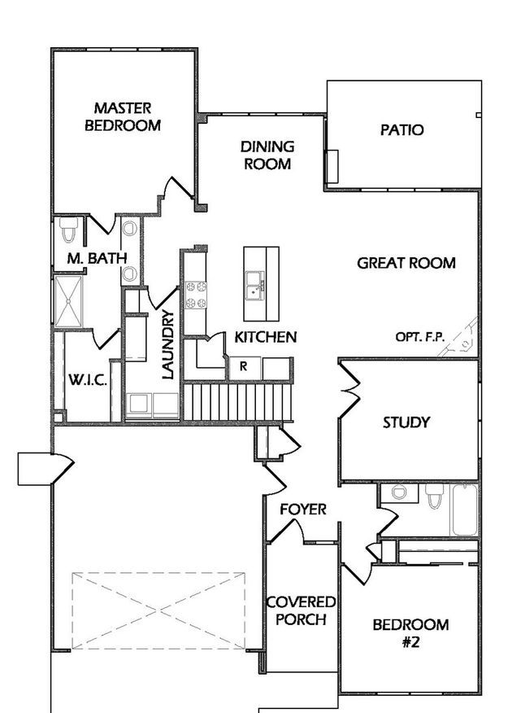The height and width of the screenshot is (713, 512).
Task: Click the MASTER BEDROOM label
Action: pos(123,116)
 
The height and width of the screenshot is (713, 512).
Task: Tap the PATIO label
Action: pos(401,130)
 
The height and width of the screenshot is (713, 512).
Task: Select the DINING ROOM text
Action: pos(267,155)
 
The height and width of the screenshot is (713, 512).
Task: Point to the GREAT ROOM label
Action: pos(406,263)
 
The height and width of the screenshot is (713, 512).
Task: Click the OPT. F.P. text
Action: pos(420,337)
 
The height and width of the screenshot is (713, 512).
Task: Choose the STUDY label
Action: pos(406,422)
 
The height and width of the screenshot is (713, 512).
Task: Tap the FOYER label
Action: pos(303,510)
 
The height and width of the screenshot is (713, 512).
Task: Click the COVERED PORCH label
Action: pos(301,610)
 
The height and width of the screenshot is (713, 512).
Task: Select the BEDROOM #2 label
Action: pos(410,633)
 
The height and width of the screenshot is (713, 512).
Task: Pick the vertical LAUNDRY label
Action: pos(168,344)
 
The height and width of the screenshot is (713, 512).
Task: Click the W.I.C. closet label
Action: pos(88,379)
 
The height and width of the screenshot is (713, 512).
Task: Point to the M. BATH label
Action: pos(97,258)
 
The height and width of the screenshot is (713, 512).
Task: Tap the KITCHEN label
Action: pos(266,337)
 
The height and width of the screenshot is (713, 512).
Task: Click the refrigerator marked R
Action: pos(244,368)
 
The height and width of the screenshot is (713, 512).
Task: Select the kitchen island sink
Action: pos(254,286)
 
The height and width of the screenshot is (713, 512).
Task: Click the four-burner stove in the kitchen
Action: pos(196,295)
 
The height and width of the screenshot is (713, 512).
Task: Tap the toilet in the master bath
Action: pos(69,230)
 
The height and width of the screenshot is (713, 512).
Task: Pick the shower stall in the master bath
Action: pos(68,300)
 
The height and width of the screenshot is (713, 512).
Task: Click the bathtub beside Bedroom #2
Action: pos(464,510)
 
